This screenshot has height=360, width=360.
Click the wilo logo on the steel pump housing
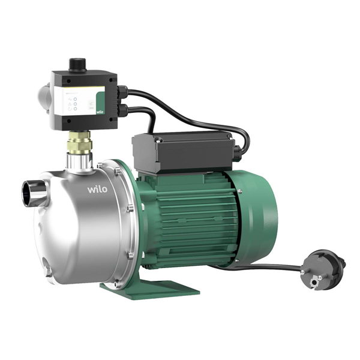97,190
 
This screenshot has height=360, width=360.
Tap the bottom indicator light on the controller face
76,108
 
